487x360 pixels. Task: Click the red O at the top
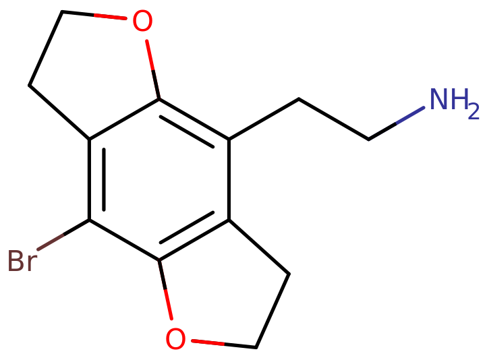[x=142, y=22]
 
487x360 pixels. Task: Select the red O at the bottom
[x=175, y=339]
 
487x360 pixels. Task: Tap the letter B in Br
[x=15, y=260]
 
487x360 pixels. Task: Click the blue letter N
[x=440, y=100]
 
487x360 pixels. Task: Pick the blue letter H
[x=459, y=100]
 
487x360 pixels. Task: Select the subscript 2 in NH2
[x=474, y=112]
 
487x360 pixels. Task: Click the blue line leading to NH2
[x=410, y=115]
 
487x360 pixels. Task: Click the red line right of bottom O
[x=208, y=342]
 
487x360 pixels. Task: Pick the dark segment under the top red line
[x=156, y=84]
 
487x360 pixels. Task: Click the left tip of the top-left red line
[x=95, y=14]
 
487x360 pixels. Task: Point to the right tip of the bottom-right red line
[x=223, y=344]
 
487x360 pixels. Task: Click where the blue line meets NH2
[x=425, y=107]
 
